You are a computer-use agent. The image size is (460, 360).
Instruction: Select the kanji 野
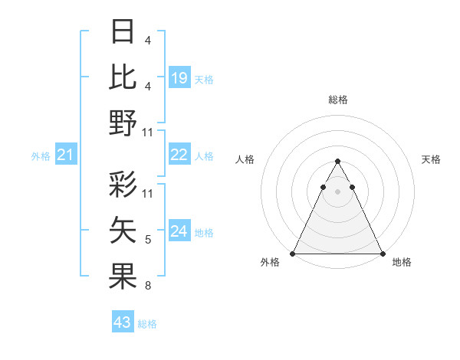tap(123, 123)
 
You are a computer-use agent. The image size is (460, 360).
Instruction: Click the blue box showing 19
tap(179, 77)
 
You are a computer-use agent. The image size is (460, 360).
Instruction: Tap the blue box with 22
tap(179, 155)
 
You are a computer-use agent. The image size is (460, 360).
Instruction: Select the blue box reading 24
tap(179, 231)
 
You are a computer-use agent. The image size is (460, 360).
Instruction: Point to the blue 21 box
tap(66, 155)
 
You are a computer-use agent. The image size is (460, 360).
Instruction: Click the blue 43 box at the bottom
tap(123, 322)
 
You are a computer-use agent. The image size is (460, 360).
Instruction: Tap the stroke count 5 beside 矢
tap(147, 241)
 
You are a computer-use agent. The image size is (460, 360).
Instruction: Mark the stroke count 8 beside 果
tap(147, 286)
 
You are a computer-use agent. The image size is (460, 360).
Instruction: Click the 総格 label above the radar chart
tap(337, 100)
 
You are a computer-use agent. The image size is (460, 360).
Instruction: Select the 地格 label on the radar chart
tap(402, 263)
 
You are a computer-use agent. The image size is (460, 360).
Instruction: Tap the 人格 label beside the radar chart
tap(245, 159)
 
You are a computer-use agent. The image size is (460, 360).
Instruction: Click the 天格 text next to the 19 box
tap(204, 80)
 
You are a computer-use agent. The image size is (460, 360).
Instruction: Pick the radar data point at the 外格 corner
tap(293, 254)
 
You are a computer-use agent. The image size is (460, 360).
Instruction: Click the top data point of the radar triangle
tap(337, 162)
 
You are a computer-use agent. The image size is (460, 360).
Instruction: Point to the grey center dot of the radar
tap(337, 191)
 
